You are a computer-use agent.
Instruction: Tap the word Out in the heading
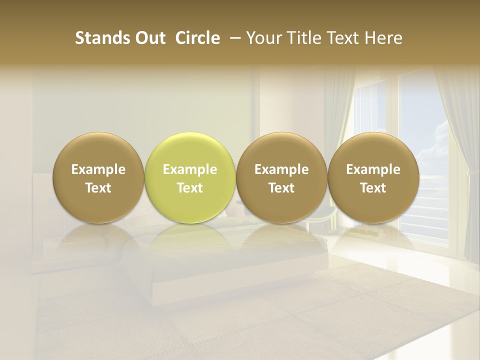point(148,38)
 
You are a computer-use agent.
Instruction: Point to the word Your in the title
point(262,38)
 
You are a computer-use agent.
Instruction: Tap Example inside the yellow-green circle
point(190,170)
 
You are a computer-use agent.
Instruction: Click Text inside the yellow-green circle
point(190,188)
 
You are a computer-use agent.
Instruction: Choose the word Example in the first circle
point(98,170)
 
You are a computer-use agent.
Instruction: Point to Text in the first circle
point(98,188)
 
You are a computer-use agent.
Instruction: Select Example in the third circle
point(281,170)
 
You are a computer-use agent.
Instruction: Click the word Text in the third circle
point(281,188)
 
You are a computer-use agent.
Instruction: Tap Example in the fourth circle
point(373,170)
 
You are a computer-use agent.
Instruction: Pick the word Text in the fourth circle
point(373,188)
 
